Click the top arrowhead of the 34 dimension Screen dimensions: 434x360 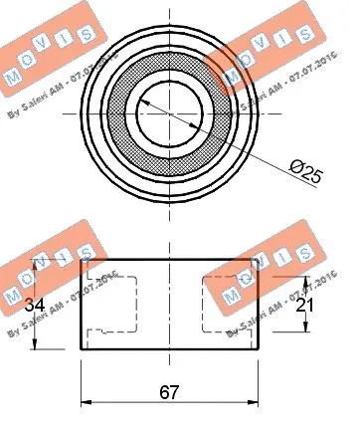(x=39, y=261)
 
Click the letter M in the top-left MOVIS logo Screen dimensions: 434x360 (x=13, y=78)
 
